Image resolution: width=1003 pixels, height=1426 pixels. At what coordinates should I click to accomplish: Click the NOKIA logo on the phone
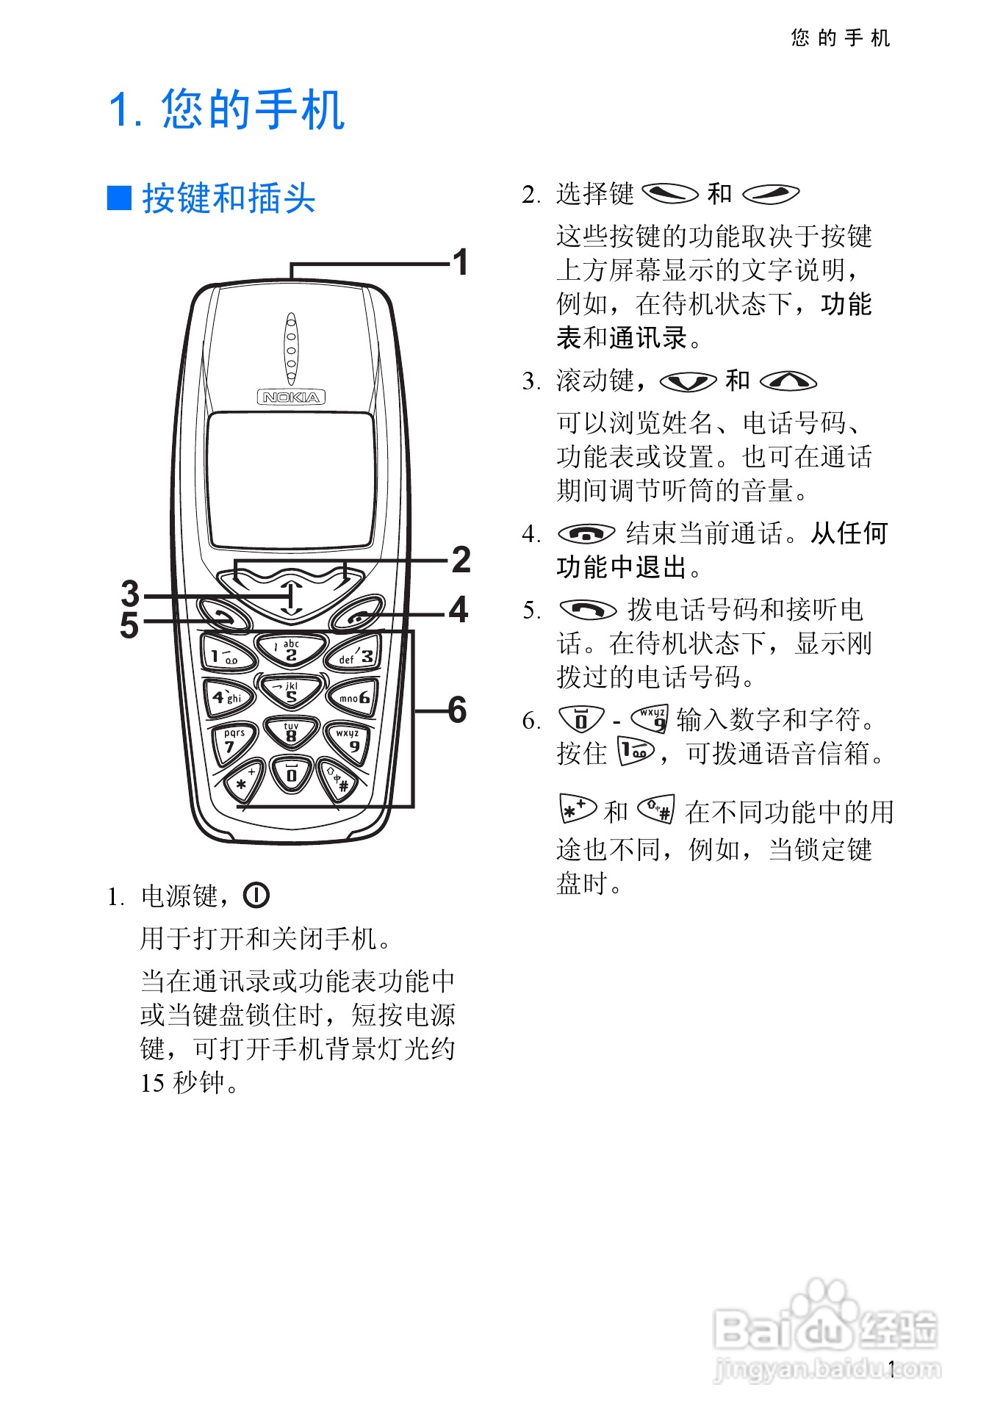[x=291, y=397]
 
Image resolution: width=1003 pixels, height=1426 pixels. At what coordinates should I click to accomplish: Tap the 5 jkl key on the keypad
[x=291, y=692]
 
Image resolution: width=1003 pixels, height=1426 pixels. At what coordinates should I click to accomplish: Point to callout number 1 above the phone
[x=461, y=263]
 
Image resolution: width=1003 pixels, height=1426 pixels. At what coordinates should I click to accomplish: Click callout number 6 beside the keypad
[x=457, y=710]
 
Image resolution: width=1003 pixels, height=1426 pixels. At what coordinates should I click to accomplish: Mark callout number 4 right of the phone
[x=459, y=610]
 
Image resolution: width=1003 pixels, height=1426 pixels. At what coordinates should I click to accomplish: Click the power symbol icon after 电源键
[x=256, y=896]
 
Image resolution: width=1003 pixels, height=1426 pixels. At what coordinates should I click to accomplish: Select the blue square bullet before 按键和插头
[x=119, y=198]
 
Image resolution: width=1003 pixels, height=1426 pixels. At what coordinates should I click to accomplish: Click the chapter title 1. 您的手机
[x=226, y=110]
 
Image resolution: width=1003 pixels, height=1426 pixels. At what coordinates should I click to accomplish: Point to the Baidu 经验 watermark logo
[x=826, y=1330]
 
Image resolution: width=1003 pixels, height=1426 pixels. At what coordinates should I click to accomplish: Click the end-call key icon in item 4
[x=586, y=533]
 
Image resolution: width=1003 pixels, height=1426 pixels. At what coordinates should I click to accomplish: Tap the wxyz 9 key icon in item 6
[x=651, y=719]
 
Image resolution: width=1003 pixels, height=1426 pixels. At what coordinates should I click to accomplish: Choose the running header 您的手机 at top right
[x=841, y=38]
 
